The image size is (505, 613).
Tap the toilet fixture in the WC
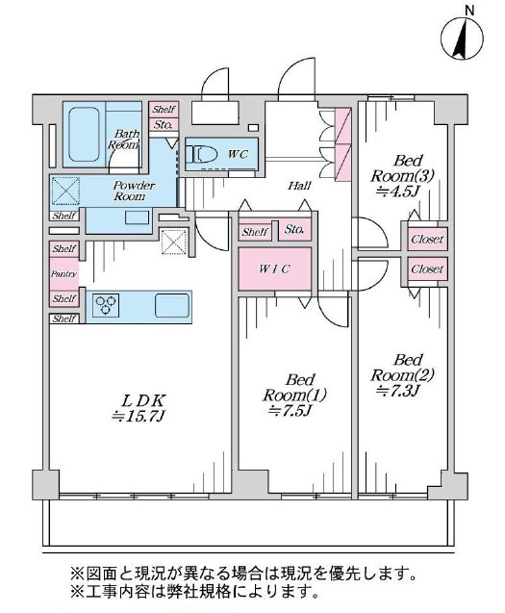point(202,154)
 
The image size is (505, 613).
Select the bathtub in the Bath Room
point(84,135)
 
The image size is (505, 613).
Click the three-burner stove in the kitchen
point(106,304)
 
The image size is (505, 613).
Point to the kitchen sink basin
point(172,304)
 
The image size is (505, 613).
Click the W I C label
point(274,269)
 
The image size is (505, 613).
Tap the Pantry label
point(63,274)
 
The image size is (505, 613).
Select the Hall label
point(300,186)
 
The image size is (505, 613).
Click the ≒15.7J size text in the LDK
point(138,417)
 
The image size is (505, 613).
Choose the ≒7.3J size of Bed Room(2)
point(398,391)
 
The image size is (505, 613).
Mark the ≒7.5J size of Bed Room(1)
point(290,411)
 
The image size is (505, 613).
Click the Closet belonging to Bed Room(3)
point(427,239)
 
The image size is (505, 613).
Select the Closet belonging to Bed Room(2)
point(427,269)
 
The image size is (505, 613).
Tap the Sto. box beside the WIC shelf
point(294,230)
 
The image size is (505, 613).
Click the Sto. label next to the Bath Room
point(163,125)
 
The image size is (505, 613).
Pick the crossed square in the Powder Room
point(65,191)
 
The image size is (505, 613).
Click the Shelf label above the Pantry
point(64,249)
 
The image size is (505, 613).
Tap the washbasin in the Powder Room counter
point(137,217)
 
